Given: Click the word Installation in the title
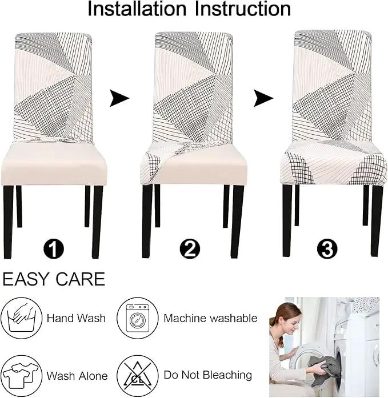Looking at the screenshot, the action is point(137,9).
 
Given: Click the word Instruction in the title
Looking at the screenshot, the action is point(243,9).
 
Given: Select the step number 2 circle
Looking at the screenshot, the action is point(190,248).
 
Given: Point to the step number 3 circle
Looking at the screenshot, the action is point(327,248).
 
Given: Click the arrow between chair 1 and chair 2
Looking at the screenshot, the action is point(119,98).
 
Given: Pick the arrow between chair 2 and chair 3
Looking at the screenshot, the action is point(263,98).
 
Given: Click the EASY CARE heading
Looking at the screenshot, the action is point(54,279).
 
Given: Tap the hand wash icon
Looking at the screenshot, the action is point(21,318).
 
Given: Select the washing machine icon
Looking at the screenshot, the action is point(137,318).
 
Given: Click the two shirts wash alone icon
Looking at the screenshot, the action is point(21,376).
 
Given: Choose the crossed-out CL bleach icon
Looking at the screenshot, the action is point(137,376).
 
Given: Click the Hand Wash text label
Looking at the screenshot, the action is point(76,318).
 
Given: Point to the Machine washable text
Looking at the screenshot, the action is point(210,318).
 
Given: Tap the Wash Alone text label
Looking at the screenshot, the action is point(77,376).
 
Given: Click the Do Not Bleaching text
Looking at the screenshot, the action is point(207,375).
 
